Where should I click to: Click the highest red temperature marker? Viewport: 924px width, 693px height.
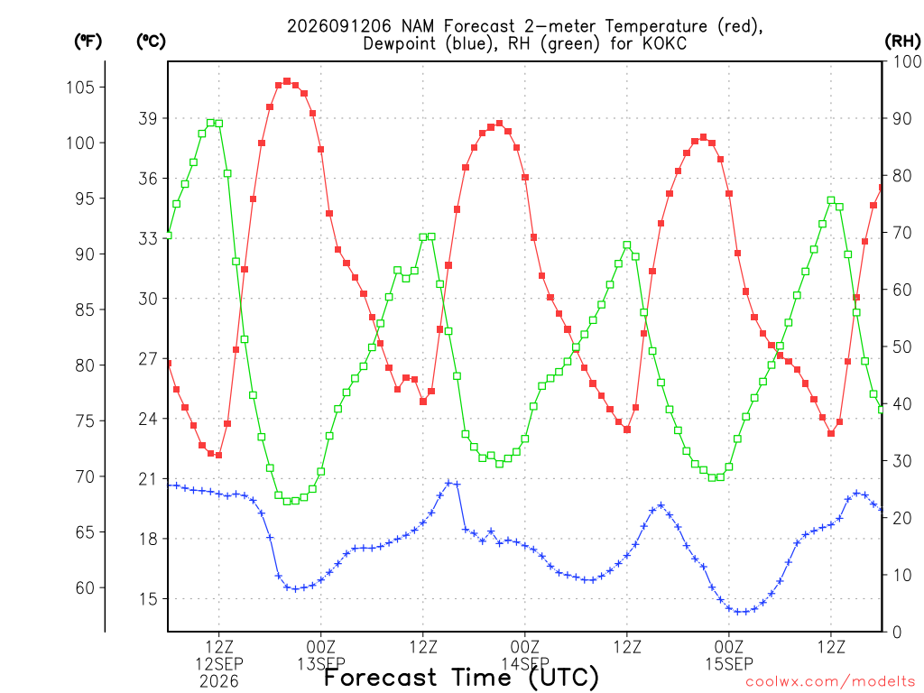287,81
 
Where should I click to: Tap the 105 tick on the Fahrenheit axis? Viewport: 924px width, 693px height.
80,88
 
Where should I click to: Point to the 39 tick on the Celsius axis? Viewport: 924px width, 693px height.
148,118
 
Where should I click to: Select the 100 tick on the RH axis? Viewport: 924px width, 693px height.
907,61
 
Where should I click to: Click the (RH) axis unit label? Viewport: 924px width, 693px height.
902,41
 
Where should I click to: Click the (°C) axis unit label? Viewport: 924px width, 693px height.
151,42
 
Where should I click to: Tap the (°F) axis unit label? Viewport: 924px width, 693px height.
88,42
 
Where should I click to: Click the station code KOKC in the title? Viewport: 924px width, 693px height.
664,43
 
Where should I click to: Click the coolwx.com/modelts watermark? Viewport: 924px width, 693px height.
830,682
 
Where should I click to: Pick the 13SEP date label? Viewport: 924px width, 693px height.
321,664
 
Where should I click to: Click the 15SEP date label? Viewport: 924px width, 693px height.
729,664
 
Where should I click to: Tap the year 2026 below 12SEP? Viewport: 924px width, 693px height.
219,682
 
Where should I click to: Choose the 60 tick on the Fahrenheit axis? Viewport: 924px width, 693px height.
85,588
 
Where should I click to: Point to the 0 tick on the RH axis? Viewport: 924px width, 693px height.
897,633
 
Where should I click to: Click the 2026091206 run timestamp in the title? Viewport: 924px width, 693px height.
339,26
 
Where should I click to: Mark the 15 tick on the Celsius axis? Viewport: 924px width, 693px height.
148,599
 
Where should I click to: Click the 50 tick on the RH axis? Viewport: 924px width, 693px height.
901,347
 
